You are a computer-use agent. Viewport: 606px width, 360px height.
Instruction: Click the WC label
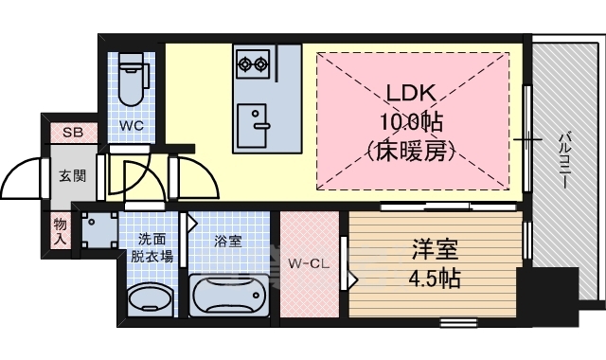coord(132,124)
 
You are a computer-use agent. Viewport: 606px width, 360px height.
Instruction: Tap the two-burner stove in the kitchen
coord(253,64)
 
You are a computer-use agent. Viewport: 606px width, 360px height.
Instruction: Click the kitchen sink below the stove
coord(254,120)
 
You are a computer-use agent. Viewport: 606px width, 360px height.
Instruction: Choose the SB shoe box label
coord(72,133)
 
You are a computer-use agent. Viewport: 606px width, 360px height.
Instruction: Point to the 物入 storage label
coord(60,230)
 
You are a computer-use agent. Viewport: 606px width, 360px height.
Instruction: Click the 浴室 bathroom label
coord(227,241)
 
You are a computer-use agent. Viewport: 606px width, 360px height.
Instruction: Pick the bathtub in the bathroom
coord(230,296)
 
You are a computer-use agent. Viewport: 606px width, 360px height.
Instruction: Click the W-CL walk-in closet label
coord(309,263)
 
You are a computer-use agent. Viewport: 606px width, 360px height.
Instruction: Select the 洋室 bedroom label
coord(435,250)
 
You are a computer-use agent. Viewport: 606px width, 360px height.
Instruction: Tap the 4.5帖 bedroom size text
coord(435,279)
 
